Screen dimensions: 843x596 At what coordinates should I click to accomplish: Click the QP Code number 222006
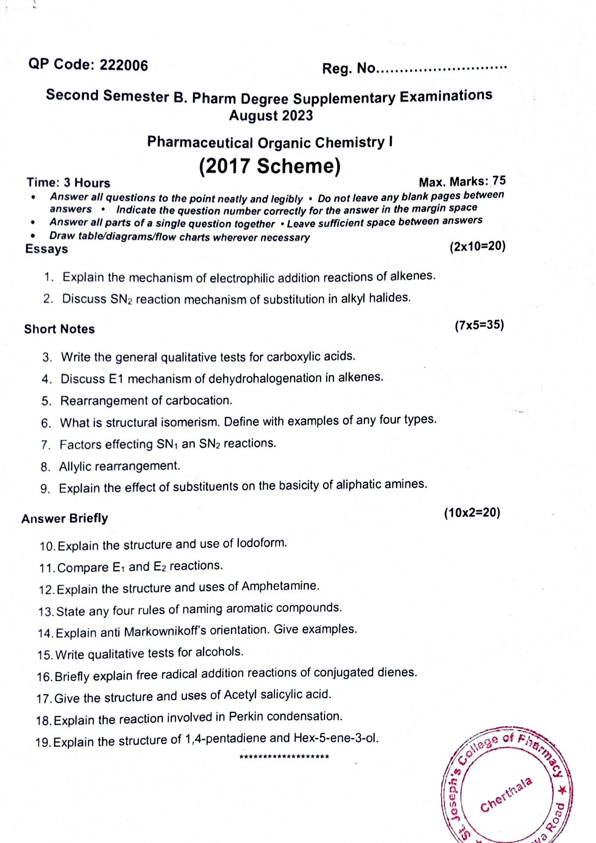click(x=124, y=65)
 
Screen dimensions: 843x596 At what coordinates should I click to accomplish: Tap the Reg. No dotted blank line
click(x=442, y=68)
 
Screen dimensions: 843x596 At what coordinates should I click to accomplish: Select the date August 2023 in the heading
click(x=271, y=116)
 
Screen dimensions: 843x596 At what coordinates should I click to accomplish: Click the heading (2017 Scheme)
click(x=270, y=166)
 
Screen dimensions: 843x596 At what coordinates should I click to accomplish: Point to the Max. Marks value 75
click(x=499, y=181)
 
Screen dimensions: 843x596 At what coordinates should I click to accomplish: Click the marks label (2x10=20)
click(x=477, y=246)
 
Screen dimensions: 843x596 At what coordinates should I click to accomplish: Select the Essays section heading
click(x=46, y=249)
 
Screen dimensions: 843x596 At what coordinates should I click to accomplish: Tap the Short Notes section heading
click(x=59, y=329)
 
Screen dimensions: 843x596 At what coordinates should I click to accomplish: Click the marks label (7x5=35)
click(x=479, y=325)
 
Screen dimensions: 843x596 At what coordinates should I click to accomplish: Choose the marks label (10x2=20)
click(x=472, y=513)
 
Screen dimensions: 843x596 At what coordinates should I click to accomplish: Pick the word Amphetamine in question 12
click(x=280, y=586)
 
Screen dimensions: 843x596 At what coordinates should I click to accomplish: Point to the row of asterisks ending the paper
click(x=284, y=757)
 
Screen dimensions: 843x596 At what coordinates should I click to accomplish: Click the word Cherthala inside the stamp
click(x=506, y=794)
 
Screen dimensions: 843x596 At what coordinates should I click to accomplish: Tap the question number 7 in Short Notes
click(x=46, y=445)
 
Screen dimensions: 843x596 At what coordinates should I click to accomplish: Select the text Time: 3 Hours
click(x=68, y=182)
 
